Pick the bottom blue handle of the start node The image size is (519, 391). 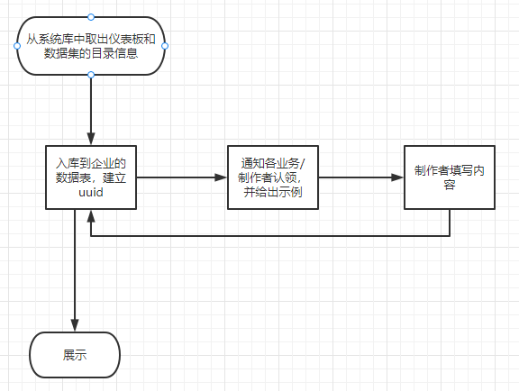(x=91, y=75)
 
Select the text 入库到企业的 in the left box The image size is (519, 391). (x=91, y=162)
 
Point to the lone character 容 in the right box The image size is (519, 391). (x=449, y=185)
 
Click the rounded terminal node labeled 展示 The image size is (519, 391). (x=75, y=355)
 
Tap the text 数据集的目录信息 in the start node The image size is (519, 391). (x=91, y=55)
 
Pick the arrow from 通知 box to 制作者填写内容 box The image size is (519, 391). (x=360, y=177)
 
